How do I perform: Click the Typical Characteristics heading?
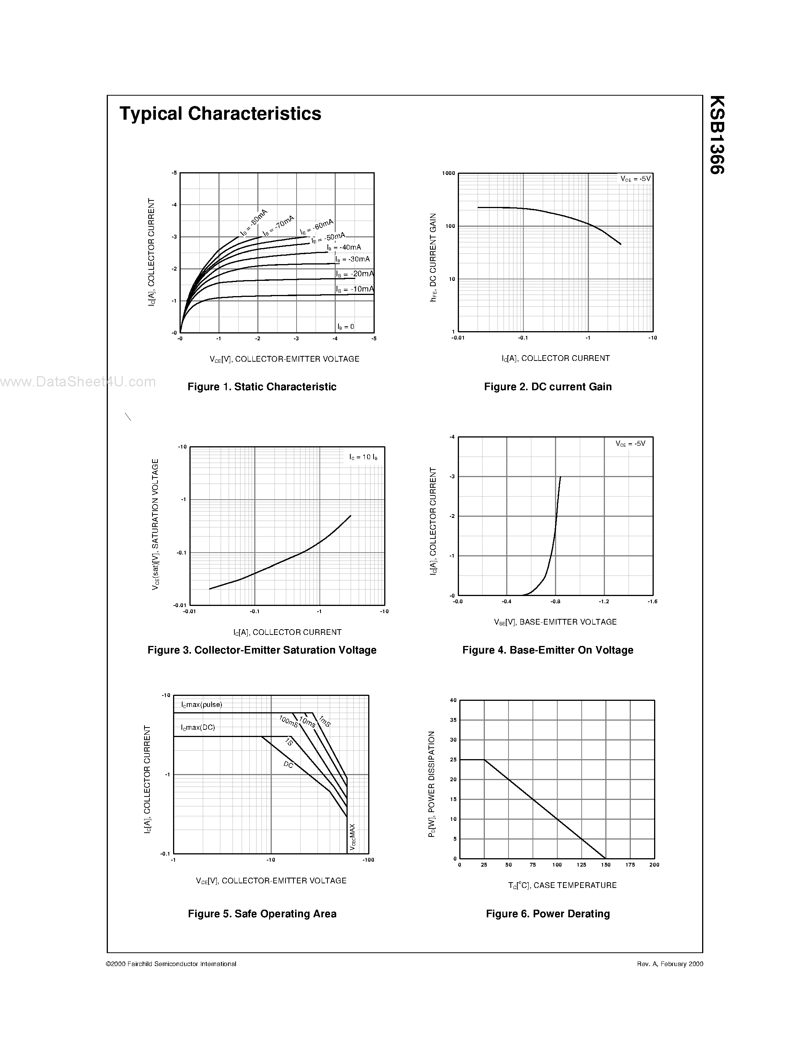pyautogui.click(x=220, y=114)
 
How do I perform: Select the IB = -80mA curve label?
pyautogui.click(x=254, y=222)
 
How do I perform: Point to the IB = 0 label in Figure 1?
pyautogui.click(x=345, y=327)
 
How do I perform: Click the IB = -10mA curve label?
pyautogui.click(x=354, y=289)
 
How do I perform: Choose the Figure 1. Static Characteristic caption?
pyautogui.click(x=261, y=387)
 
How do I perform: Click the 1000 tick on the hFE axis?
pyautogui.click(x=448, y=173)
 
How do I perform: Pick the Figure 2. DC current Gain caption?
pyautogui.click(x=547, y=387)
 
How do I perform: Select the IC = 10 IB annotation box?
pyautogui.click(x=363, y=457)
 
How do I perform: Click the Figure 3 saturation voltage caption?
pyautogui.click(x=261, y=650)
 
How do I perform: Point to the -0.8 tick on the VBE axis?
pyautogui.click(x=555, y=601)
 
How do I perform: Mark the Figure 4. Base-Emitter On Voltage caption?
pyautogui.click(x=547, y=650)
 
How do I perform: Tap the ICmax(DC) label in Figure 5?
pyautogui.click(x=198, y=728)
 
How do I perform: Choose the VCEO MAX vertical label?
pyautogui.click(x=353, y=837)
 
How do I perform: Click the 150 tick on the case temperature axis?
pyautogui.click(x=606, y=865)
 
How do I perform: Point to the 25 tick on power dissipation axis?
pyautogui.click(x=453, y=760)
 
